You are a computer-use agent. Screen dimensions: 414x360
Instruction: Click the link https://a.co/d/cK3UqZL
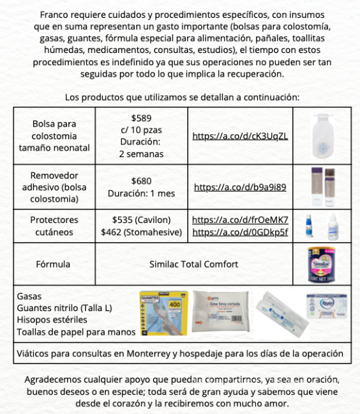(x=240, y=136)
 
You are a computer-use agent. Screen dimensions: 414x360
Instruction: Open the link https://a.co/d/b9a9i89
(x=240, y=188)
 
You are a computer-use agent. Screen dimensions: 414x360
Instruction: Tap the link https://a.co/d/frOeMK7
(x=240, y=220)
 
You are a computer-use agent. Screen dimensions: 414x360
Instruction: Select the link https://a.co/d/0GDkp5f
(x=240, y=232)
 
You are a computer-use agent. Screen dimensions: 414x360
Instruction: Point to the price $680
(x=141, y=181)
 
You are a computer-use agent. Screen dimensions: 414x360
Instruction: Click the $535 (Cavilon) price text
(x=141, y=220)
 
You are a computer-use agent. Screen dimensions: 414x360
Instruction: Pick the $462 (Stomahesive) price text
(x=141, y=232)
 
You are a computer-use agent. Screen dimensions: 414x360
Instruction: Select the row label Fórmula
(x=54, y=264)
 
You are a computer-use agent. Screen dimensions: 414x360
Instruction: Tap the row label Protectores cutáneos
(x=54, y=226)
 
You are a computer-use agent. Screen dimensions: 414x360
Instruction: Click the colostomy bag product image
(x=322, y=135)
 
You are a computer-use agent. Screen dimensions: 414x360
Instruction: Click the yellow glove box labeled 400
(x=164, y=313)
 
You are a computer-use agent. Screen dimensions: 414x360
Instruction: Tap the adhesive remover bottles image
(x=322, y=187)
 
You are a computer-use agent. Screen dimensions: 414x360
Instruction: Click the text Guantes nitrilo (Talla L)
(x=64, y=309)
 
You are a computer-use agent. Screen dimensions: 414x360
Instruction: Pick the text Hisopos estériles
(x=52, y=320)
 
